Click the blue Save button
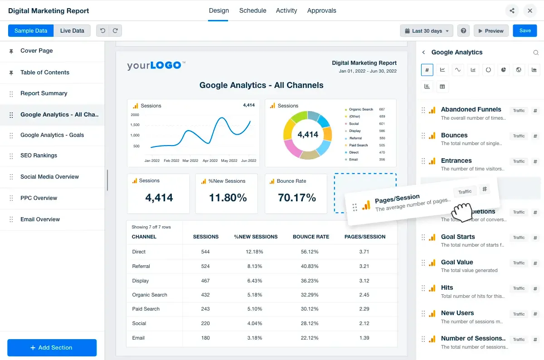pos(525,31)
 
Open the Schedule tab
pos(253,10)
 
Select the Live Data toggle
pos(72,31)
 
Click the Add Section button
pos(52,348)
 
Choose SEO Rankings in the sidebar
pos(39,156)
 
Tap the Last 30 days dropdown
pos(427,31)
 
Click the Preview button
pos(491,31)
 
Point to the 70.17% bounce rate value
pos(297,198)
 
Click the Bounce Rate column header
pos(311,237)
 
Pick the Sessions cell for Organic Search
pos(205,295)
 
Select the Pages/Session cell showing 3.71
pos(364,252)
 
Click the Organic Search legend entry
pos(361,109)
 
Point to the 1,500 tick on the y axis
pos(135,125)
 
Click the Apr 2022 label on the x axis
pos(210,161)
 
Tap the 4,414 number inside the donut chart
pos(308,135)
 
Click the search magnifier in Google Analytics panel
pos(536,53)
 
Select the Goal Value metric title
pos(457,262)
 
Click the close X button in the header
pos(529,10)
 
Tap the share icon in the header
pos(512,10)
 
